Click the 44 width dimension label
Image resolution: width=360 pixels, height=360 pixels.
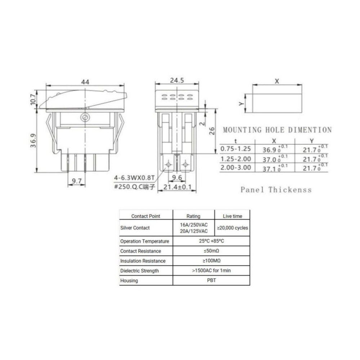(85, 82)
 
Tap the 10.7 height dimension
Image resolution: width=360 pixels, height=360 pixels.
(33, 99)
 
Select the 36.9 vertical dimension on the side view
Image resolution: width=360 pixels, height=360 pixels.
(33, 140)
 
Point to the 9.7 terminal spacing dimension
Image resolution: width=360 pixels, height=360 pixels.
(77, 181)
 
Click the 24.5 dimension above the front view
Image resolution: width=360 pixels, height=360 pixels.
(177, 80)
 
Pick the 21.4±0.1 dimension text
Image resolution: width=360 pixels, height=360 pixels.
(177, 187)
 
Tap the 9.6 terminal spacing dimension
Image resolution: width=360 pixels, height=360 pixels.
(177, 177)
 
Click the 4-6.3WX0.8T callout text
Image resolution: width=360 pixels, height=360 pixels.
(134, 177)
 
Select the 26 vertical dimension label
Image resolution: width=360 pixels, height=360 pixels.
(212, 131)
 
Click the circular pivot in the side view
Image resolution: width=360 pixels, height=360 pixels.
(85, 118)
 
